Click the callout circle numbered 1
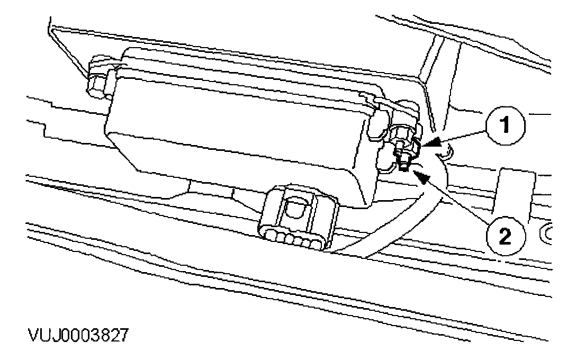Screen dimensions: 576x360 [x=506, y=125]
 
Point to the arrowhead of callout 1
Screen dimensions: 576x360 [x=427, y=143]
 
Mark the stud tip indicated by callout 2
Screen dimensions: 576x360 [x=404, y=168]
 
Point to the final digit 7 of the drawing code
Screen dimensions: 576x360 [x=122, y=336]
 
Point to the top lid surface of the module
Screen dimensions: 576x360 [x=265, y=74]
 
